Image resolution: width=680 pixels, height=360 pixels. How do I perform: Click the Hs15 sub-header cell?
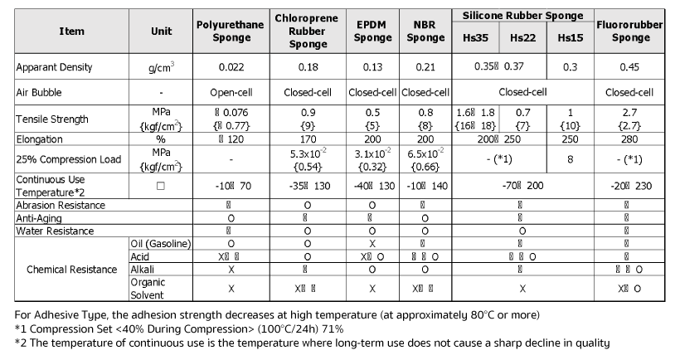point(570,38)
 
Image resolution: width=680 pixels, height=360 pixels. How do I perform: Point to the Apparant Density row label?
point(54,67)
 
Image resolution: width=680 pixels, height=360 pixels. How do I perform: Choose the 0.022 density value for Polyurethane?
point(229,67)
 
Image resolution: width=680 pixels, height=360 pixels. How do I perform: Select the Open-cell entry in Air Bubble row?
point(229,93)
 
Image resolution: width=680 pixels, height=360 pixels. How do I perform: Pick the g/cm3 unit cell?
point(162,66)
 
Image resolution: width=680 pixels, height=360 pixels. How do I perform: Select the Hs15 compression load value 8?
point(570,158)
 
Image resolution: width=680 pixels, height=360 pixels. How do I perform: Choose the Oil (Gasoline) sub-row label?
point(162,243)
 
